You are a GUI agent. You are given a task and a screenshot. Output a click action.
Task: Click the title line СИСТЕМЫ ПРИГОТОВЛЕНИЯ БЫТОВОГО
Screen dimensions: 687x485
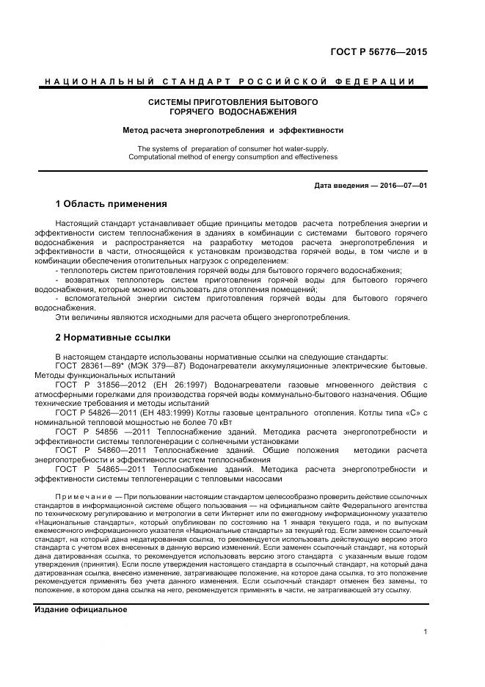coord(233,102)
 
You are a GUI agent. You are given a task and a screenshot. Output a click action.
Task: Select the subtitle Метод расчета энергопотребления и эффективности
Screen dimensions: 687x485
coord(233,130)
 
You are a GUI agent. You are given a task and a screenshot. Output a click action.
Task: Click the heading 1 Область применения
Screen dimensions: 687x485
coord(111,203)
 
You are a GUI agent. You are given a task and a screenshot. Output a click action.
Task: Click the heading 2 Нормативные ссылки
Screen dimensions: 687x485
coord(112,338)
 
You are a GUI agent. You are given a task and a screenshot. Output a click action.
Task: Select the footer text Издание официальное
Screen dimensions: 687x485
coord(81,610)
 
